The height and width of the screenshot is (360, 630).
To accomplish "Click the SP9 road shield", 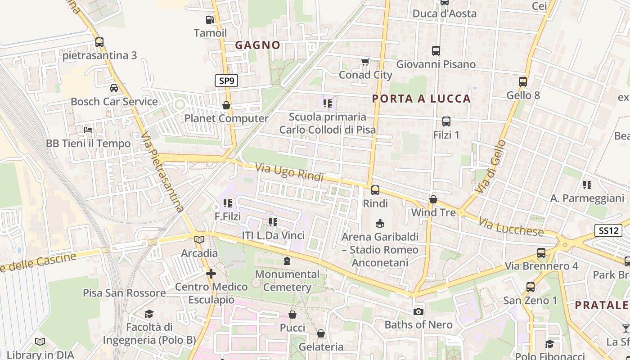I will (x=226, y=81).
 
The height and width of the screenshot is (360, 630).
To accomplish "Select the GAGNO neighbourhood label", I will (x=258, y=45).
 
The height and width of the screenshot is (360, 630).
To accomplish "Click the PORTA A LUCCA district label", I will (x=422, y=99).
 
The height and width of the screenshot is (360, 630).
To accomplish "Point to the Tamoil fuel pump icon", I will (x=210, y=20).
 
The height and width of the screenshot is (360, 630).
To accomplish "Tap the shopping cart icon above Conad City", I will (x=365, y=62).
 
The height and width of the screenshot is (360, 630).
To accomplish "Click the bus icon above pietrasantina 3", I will (x=99, y=42).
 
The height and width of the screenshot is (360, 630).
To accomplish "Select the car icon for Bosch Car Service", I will (x=114, y=88).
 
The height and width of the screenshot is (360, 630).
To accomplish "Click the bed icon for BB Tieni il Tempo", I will (x=88, y=130).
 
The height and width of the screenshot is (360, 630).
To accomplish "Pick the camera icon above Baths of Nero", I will (x=418, y=311).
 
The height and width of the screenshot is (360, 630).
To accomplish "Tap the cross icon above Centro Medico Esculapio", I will (x=211, y=274).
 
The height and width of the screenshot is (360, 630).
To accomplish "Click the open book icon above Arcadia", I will (x=199, y=240).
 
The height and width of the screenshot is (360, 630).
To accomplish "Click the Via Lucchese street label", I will (x=511, y=227).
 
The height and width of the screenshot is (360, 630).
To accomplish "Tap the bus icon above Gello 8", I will (x=522, y=82).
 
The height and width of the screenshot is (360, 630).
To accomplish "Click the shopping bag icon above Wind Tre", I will (x=433, y=199).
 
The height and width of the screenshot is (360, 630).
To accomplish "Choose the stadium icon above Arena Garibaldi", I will (x=380, y=223).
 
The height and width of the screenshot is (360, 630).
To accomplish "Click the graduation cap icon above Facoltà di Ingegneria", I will (x=149, y=314).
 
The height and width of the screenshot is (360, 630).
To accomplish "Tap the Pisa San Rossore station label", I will (x=124, y=293).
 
